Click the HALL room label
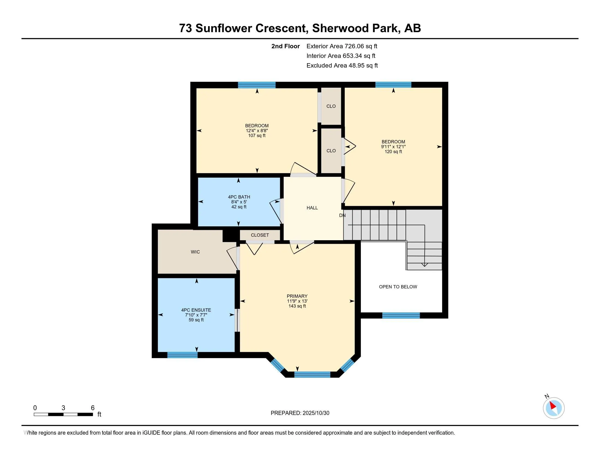click(312, 208)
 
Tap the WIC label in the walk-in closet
click(195, 252)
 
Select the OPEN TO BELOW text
click(398, 287)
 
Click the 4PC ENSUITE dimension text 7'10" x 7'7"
click(196, 315)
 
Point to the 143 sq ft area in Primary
click(297, 306)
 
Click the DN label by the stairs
click(342, 215)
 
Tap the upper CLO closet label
click(331, 106)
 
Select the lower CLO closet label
click(331, 151)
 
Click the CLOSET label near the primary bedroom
click(260, 235)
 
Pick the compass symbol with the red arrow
click(553, 408)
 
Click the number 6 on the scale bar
click(93, 408)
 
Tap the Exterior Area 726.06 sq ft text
click(342, 46)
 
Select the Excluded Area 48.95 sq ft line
click(342, 65)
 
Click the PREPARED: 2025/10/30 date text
click(300, 413)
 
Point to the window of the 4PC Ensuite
click(182, 355)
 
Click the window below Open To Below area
click(401, 315)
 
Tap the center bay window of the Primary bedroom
click(312, 374)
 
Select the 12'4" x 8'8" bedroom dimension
click(257, 131)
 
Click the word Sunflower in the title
click(223, 28)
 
